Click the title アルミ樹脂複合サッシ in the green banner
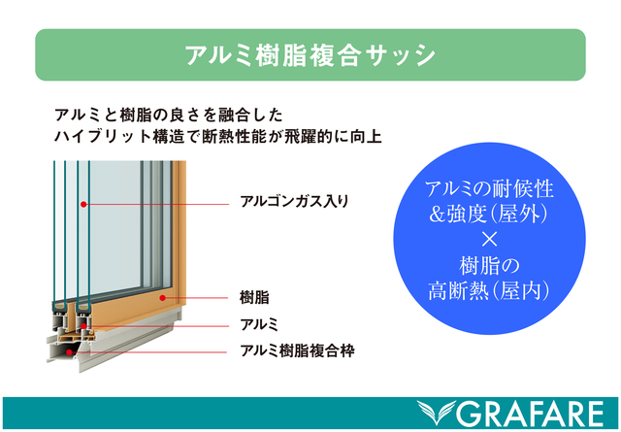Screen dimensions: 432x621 (310, 55)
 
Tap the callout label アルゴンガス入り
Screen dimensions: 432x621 (293, 203)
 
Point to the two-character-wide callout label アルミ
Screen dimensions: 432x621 (259, 322)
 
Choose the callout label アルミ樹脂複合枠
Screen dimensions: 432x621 (296, 349)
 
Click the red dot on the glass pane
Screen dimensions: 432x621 (85, 204)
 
